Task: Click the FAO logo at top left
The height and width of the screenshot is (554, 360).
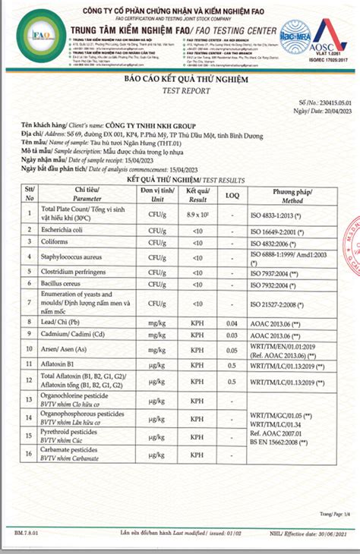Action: tap(40, 36)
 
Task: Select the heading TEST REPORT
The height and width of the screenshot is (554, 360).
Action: tap(179, 89)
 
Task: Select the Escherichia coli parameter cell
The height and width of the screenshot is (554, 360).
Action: tap(62, 231)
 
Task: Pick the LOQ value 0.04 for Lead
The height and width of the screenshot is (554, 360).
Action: tap(232, 324)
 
